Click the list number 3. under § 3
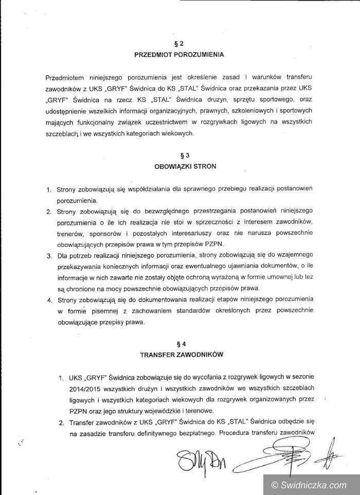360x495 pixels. tap(49, 256)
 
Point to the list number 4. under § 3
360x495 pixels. tap(49, 300)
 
